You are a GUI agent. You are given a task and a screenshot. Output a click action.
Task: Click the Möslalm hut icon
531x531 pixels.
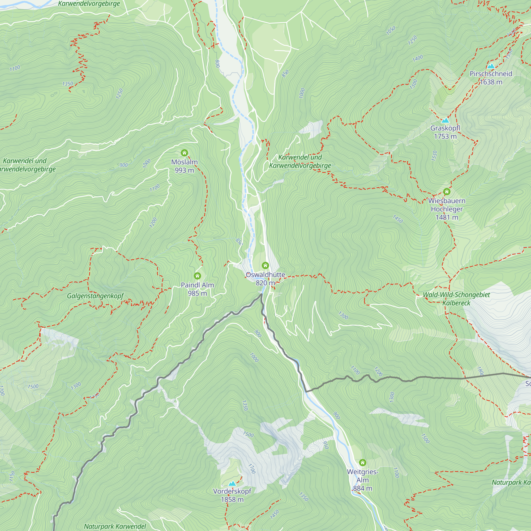(184, 153)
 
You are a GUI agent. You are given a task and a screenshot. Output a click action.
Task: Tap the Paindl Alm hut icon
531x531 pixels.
(197, 276)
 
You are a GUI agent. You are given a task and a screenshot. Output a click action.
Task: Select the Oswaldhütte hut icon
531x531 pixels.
(265, 265)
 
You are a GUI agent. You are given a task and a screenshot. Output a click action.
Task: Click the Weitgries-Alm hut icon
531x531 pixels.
(362, 463)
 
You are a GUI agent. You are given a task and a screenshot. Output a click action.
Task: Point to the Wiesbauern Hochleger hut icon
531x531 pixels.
(447, 192)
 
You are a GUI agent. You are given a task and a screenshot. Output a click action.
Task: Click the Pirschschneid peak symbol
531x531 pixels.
(491, 66)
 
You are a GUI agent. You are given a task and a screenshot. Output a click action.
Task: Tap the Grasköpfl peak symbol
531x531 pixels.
(445, 120)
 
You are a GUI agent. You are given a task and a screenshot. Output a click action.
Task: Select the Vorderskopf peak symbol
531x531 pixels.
(232, 483)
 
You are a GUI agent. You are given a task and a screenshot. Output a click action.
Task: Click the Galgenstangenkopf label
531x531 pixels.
(95, 296)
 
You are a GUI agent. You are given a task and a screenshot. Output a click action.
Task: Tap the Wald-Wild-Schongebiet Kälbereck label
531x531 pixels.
(456, 299)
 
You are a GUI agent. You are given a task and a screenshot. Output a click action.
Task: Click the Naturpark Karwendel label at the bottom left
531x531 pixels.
(115, 526)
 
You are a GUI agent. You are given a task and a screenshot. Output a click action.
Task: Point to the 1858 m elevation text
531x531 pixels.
(232, 499)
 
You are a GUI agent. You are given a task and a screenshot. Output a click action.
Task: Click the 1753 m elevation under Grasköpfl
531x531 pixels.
(445, 136)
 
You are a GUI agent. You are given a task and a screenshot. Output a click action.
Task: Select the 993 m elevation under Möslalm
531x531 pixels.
(185, 170)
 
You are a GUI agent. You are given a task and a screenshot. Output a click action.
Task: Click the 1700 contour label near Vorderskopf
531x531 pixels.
(252, 469)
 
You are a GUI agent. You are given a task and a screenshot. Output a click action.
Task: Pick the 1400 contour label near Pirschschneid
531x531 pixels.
(417, 58)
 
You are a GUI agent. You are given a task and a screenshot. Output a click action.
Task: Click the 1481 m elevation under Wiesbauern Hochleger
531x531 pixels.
(447, 217)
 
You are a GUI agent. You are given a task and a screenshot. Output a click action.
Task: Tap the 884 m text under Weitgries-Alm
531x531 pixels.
(362, 489)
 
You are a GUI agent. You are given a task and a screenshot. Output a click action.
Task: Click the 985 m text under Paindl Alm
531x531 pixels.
(197, 293)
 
